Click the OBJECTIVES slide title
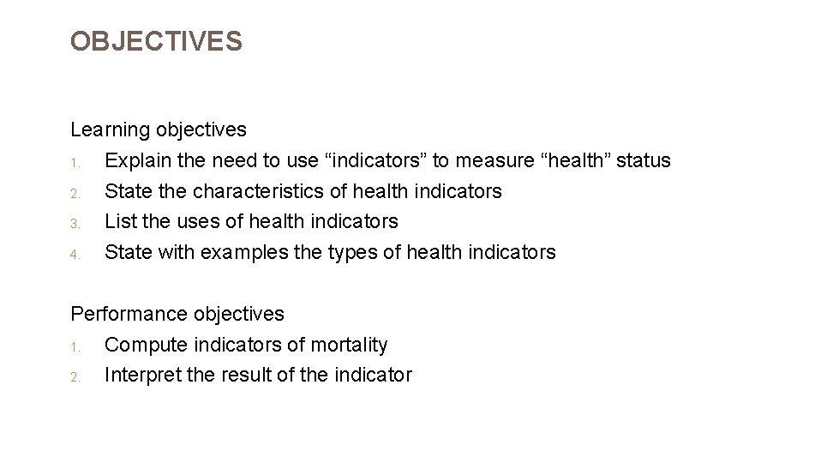[156, 41]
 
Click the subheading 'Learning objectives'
[159, 130]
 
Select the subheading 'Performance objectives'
[177, 315]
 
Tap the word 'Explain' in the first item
[136, 161]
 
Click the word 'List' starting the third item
[120, 221]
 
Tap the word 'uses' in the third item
[199, 221]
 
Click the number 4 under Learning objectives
[75, 254]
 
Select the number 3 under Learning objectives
[75, 223]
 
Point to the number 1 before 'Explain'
[75, 162]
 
